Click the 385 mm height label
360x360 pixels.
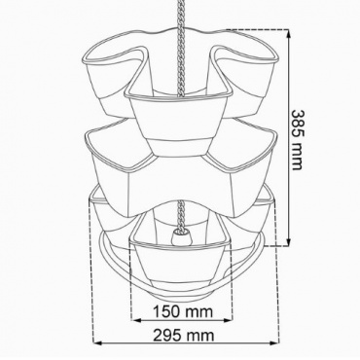(x=298, y=140)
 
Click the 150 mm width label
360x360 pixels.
(x=183, y=311)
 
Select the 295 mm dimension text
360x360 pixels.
(x=184, y=336)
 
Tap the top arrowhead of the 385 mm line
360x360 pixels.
(x=288, y=33)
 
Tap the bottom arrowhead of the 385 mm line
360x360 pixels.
(x=288, y=242)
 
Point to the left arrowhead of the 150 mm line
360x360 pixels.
(x=136, y=320)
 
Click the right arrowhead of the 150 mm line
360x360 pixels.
(x=228, y=320)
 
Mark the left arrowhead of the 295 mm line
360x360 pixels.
(x=98, y=342)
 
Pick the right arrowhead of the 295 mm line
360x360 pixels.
(x=274, y=342)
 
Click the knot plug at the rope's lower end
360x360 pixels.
(x=181, y=237)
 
